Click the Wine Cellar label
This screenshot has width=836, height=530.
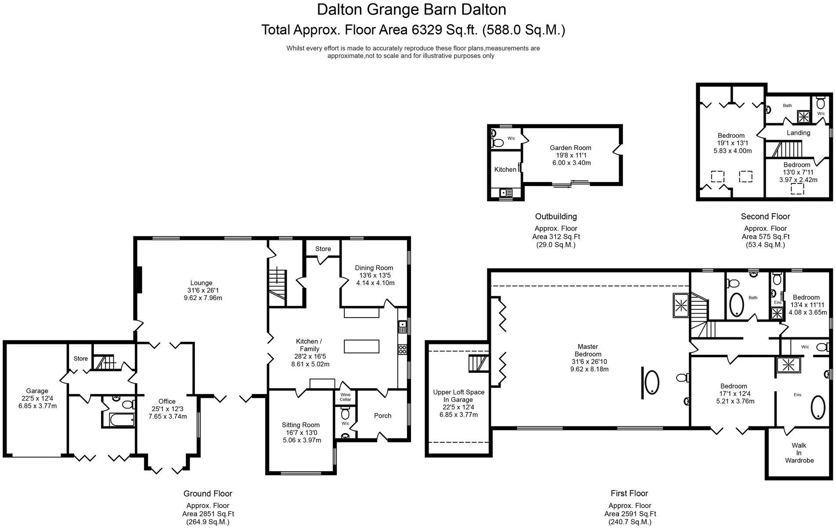tap(345, 397)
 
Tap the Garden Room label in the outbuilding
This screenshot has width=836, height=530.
tap(570, 148)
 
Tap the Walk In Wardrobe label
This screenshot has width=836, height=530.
tap(799, 453)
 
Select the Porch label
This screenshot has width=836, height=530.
tap(382, 415)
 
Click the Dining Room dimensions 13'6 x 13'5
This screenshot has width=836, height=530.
tap(375, 276)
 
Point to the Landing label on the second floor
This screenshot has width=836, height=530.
tap(798, 132)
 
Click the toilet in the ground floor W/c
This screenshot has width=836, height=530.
tap(345, 414)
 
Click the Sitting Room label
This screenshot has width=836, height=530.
tap(300, 425)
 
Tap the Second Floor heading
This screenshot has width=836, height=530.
tap(765, 216)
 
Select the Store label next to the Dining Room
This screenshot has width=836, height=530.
tap(323, 249)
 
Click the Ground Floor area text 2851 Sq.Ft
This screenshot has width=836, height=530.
tap(208, 514)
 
